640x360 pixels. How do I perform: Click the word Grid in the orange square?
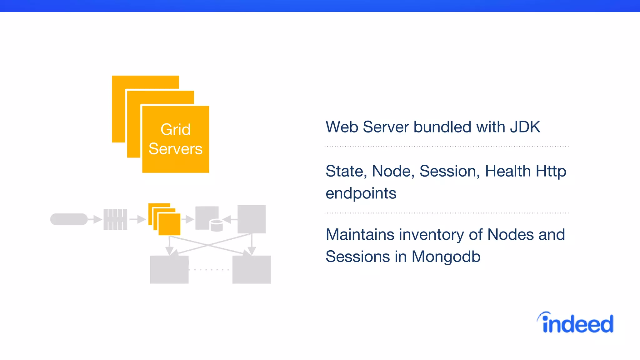(175, 129)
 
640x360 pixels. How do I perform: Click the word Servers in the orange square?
(175, 149)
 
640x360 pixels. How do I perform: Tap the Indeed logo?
(576, 323)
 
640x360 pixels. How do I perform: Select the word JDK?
(525, 127)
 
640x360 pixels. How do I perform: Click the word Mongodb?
(446, 257)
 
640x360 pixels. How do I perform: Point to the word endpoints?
(361, 193)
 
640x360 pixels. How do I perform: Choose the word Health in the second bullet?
(508, 171)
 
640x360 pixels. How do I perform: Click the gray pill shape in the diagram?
(69, 219)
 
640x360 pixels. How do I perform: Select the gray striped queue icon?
(115, 219)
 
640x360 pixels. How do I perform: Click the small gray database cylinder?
(216, 226)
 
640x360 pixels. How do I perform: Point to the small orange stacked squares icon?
(165, 219)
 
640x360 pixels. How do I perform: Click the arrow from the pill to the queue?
(95, 219)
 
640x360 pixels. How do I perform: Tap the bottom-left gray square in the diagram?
(169, 269)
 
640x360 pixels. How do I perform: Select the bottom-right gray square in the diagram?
(252, 269)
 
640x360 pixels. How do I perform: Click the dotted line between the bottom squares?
(209, 269)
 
